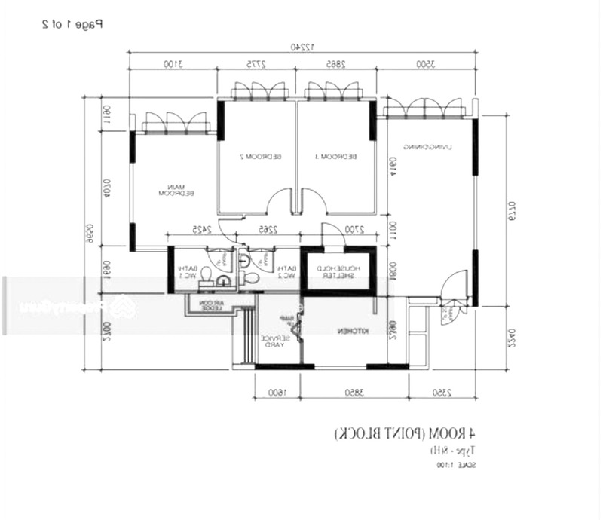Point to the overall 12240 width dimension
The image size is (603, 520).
(x=303, y=47)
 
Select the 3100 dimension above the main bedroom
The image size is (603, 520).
(x=173, y=65)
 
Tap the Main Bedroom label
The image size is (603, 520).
(x=176, y=191)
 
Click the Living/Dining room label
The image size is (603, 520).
(x=427, y=146)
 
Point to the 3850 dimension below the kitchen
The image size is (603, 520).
(x=333, y=392)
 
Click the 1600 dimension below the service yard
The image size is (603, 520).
(x=273, y=392)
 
